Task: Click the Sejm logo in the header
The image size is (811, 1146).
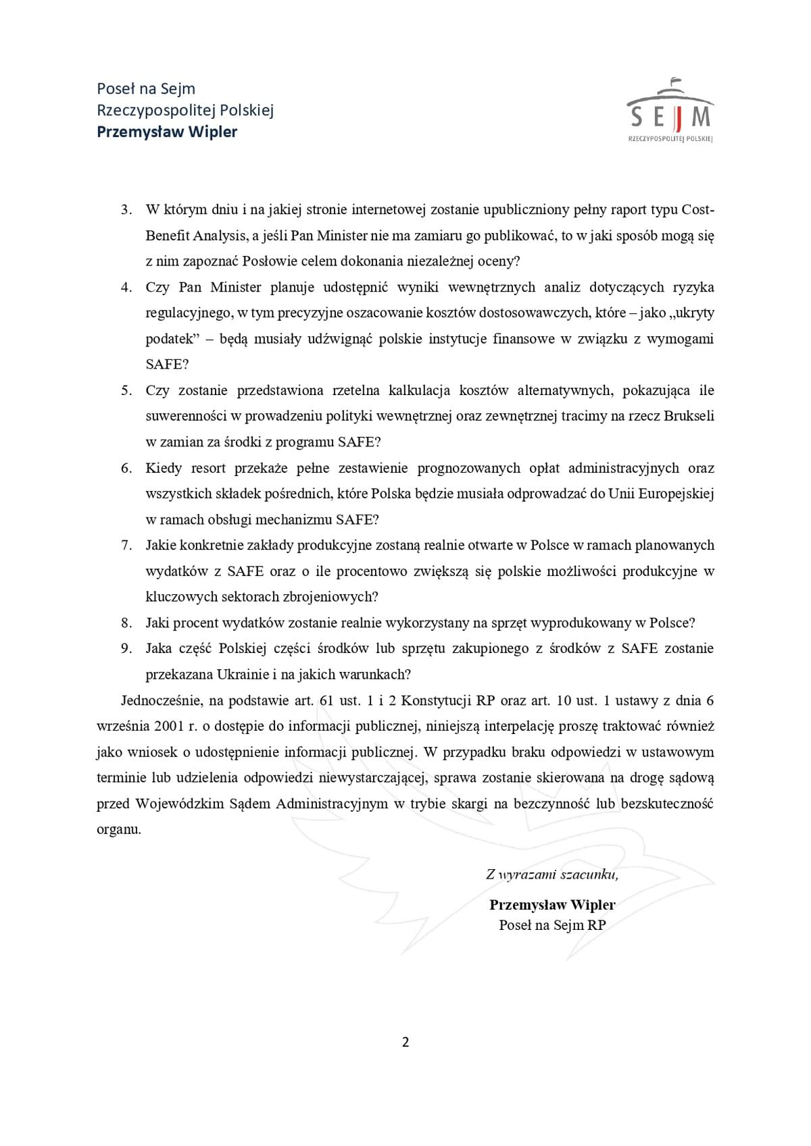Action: click(x=670, y=111)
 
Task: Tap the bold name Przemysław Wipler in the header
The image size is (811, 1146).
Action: click(x=167, y=132)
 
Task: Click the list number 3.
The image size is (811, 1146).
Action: click(x=126, y=210)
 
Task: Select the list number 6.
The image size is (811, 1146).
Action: click(x=126, y=468)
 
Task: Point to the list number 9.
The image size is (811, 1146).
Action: click(x=126, y=648)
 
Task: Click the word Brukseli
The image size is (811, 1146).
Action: click(x=689, y=416)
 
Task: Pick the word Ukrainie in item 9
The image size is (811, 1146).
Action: click(x=240, y=675)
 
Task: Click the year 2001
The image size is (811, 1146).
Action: click(x=168, y=727)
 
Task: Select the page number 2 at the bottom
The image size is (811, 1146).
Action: click(x=405, y=1042)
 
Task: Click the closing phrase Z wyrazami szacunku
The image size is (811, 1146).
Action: click(x=551, y=875)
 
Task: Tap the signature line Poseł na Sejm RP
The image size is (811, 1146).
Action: click(x=552, y=925)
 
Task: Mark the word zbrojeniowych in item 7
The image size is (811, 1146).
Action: click(x=330, y=597)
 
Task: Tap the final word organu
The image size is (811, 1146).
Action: click(x=119, y=829)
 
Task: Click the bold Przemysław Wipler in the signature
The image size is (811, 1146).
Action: click(x=552, y=905)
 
